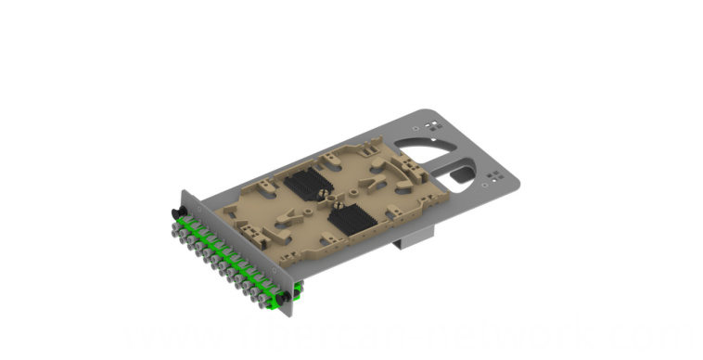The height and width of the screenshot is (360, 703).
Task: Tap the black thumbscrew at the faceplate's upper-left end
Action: coord(175,214)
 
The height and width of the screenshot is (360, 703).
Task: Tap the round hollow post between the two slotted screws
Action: coord(326,199)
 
